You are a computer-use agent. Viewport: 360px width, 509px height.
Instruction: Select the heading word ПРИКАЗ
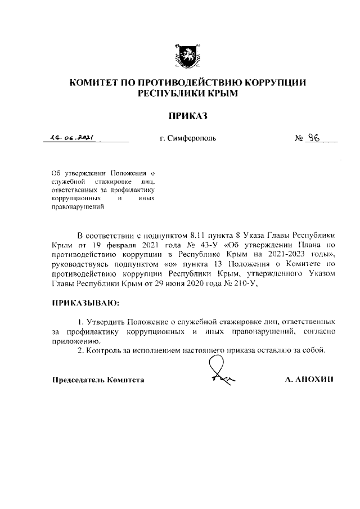pos(188,116)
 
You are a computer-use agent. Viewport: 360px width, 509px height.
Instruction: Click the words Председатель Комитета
pos(98,379)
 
